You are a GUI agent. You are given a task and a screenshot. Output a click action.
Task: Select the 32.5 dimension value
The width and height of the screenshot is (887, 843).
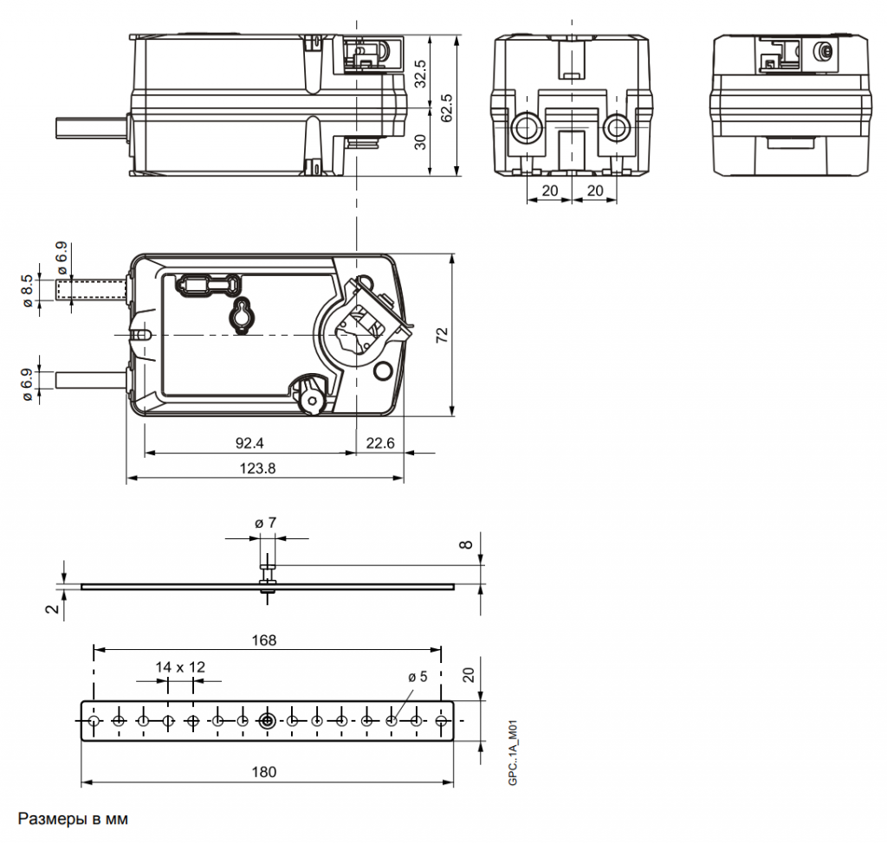point(421,73)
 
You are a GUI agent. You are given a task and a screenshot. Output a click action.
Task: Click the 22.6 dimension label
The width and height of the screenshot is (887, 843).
point(380,443)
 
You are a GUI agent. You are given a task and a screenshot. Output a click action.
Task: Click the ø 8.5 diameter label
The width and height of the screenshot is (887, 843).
point(29,290)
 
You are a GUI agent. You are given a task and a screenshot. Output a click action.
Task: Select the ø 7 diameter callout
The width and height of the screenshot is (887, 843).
point(265,523)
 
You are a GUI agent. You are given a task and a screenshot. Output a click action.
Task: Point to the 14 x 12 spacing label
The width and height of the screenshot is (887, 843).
point(180,666)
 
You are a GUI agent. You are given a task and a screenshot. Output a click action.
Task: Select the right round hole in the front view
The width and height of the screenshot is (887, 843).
point(617,129)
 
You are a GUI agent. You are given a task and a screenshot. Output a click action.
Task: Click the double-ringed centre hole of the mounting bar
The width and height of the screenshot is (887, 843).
point(268,720)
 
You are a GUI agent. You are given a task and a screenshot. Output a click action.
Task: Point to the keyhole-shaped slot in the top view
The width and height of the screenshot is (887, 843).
point(241,316)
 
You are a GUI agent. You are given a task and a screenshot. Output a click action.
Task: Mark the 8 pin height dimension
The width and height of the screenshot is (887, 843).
point(466,544)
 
